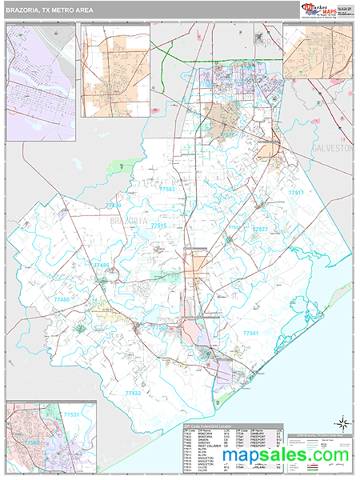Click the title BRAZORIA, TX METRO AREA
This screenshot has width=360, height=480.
[x=47, y=8]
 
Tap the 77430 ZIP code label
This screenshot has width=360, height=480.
[x=112, y=206]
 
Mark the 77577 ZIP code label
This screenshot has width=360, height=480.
[x=260, y=229]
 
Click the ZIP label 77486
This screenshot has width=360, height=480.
[x=101, y=264]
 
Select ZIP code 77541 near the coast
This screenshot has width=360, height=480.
[x=251, y=332]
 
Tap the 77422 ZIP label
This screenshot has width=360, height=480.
[x=133, y=393]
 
